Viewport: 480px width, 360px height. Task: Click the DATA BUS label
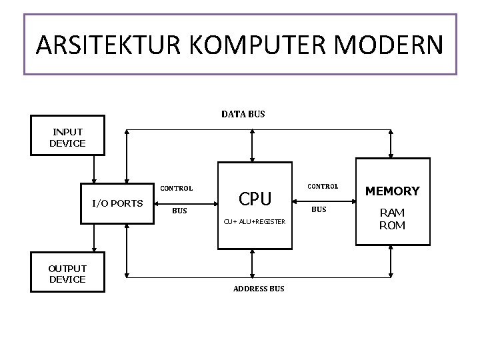click(x=243, y=114)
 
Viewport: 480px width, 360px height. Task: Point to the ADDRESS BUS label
click(x=259, y=289)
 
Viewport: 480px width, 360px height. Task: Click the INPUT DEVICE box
click(x=67, y=137)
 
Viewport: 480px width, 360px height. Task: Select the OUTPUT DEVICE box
click(x=67, y=273)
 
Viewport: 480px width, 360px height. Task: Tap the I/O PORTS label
click(x=117, y=203)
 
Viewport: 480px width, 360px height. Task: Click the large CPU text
click(x=255, y=199)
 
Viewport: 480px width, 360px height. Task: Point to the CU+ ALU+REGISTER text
click(x=255, y=221)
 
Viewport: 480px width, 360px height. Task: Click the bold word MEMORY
click(x=392, y=191)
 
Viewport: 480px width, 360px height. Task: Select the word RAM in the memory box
click(x=392, y=213)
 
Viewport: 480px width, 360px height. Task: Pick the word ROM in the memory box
click(x=392, y=225)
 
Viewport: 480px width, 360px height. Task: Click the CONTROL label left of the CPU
click(x=176, y=188)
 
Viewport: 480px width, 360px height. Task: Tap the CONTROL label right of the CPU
click(x=322, y=186)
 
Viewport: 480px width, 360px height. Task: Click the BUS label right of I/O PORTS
click(x=179, y=211)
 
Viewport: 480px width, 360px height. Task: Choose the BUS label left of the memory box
click(x=319, y=209)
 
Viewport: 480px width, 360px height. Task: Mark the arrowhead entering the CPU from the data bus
click(x=251, y=158)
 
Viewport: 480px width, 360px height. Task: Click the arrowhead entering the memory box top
click(x=391, y=155)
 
